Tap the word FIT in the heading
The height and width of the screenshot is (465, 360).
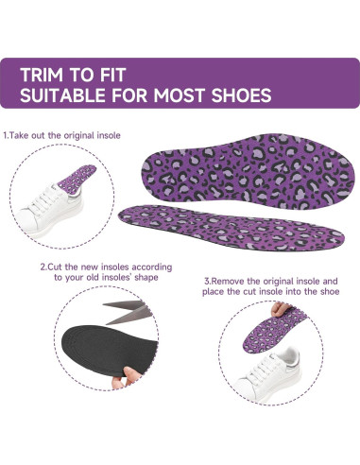coord(124,73)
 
